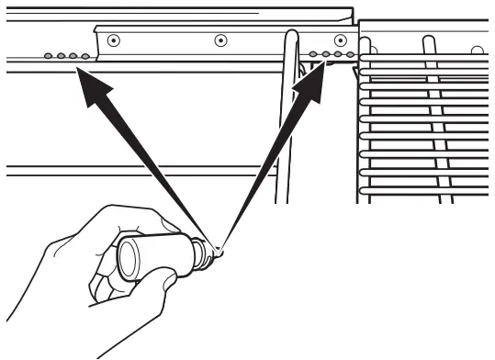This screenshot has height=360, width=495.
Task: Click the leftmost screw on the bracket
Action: [x=113, y=40]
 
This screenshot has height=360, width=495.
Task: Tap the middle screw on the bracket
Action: [x=220, y=40]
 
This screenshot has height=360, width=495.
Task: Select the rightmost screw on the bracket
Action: [x=341, y=40]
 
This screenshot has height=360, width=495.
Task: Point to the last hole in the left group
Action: [x=85, y=56]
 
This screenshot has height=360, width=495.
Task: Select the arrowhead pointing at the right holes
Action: [x=311, y=82]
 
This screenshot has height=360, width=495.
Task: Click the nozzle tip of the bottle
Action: [x=218, y=248]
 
